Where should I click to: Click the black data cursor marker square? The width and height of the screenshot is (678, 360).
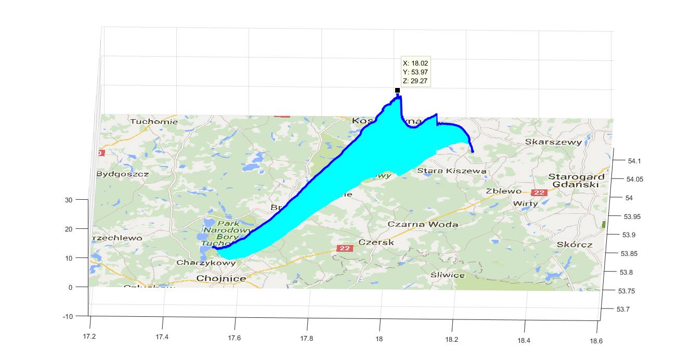click(x=397, y=91)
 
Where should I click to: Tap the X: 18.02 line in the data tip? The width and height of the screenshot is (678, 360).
click(x=415, y=63)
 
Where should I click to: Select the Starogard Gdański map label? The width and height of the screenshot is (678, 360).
click(x=576, y=181)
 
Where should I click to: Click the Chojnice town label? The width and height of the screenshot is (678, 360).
click(x=221, y=278)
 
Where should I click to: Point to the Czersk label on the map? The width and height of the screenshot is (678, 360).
click(x=376, y=242)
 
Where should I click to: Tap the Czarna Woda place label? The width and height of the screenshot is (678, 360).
click(x=423, y=224)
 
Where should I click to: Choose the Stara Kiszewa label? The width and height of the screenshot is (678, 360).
click(x=452, y=171)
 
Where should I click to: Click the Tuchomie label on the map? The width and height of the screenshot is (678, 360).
click(x=154, y=122)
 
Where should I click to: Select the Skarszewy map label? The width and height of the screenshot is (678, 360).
click(x=553, y=142)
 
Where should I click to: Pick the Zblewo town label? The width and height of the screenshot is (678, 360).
click(x=503, y=191)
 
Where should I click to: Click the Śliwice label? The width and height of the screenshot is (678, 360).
click(x=448, y=275)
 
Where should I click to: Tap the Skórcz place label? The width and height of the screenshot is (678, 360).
click(x=573, y=244)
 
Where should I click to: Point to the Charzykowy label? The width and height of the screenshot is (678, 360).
click(x=206, y=263)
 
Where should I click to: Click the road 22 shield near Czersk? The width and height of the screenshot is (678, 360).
click(x=344, y=248)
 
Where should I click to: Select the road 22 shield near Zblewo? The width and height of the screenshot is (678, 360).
click(x=540, y=192)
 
